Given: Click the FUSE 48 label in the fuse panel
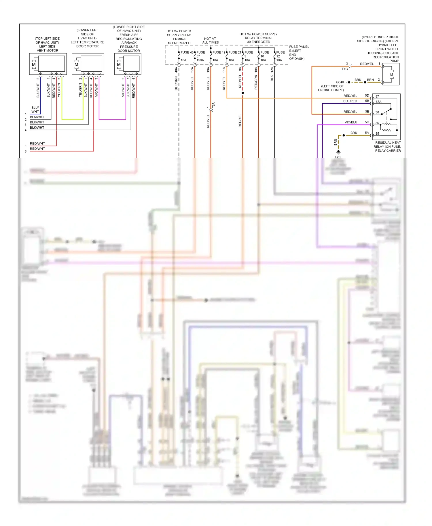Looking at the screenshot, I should click(x=187, y=52).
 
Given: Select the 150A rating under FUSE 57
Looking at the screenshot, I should click(x=200, y=60).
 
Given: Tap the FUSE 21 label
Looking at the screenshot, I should click(x=235, y=52).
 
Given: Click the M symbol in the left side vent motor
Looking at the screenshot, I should click(x=34, y=64).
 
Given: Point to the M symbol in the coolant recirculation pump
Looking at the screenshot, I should click(x=391, y=75).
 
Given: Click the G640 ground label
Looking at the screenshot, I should click(x=340, y=82).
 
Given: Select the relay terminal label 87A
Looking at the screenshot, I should click(x=378, y=102).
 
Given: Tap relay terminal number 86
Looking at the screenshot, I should click(x=377, y=123).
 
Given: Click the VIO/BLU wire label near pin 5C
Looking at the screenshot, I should click(x=351, y=122).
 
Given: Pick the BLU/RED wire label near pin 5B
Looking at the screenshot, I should click(x=350, y=101).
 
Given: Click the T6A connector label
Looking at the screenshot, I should click(x=213, y=105).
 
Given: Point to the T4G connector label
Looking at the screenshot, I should click(x=345, y=69).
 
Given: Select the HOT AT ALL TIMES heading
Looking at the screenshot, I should click(x=210, y=41).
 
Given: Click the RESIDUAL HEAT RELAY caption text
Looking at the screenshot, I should click(x=388, y=146).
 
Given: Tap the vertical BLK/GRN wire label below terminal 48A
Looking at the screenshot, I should click(x=176, y=83).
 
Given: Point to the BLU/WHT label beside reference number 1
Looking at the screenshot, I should click(x=35, y=110).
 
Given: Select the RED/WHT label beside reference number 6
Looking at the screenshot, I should click(x=37, y=149).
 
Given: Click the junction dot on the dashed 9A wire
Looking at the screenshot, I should click(x=242, y=93).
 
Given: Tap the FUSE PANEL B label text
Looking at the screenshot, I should click(x=299, y=51).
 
